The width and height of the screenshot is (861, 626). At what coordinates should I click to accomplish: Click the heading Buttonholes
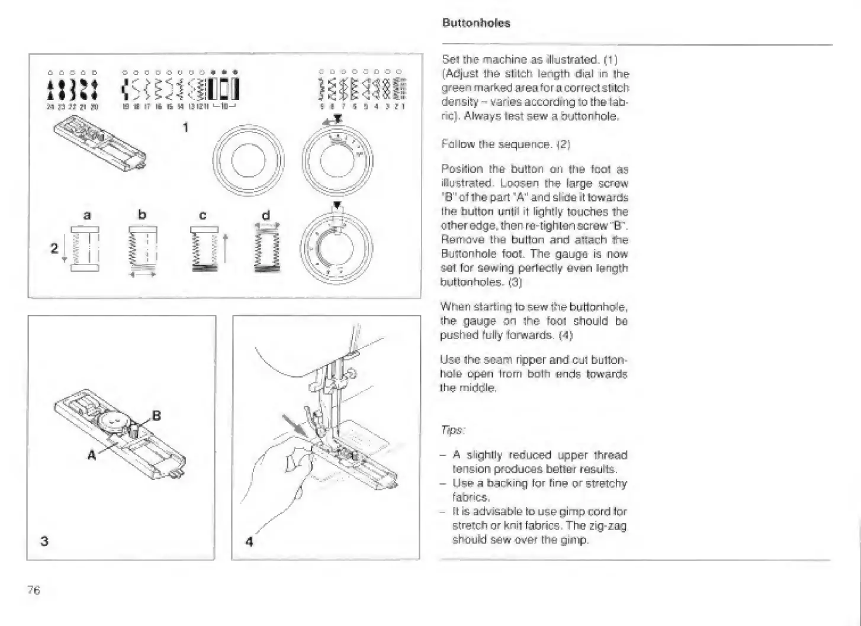pos(476,23)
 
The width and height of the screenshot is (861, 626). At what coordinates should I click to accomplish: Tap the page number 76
pos(34,589)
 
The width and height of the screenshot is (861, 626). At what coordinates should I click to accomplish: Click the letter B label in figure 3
pos(156,415)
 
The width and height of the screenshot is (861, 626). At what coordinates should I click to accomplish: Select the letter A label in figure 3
pos(92,455)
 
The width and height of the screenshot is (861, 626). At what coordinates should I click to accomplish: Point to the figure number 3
pos(44,541)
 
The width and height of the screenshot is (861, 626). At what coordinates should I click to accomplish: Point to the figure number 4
pos(249,541)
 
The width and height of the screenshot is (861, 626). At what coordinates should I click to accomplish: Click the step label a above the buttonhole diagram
pos(87,215)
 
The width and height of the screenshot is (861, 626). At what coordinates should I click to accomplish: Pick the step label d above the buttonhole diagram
pos(266,215)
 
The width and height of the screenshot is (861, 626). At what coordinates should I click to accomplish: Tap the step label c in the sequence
pos(203,215)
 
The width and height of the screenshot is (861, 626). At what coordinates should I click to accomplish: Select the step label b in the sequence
pos(142,215)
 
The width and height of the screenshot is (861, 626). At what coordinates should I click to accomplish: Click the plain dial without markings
pos(249,160)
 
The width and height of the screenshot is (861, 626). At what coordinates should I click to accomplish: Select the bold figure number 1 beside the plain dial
pos(185,127)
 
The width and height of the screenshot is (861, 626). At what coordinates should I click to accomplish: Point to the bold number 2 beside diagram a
pos(54,248)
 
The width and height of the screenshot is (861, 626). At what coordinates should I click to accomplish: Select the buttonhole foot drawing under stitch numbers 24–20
pos(101,142)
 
